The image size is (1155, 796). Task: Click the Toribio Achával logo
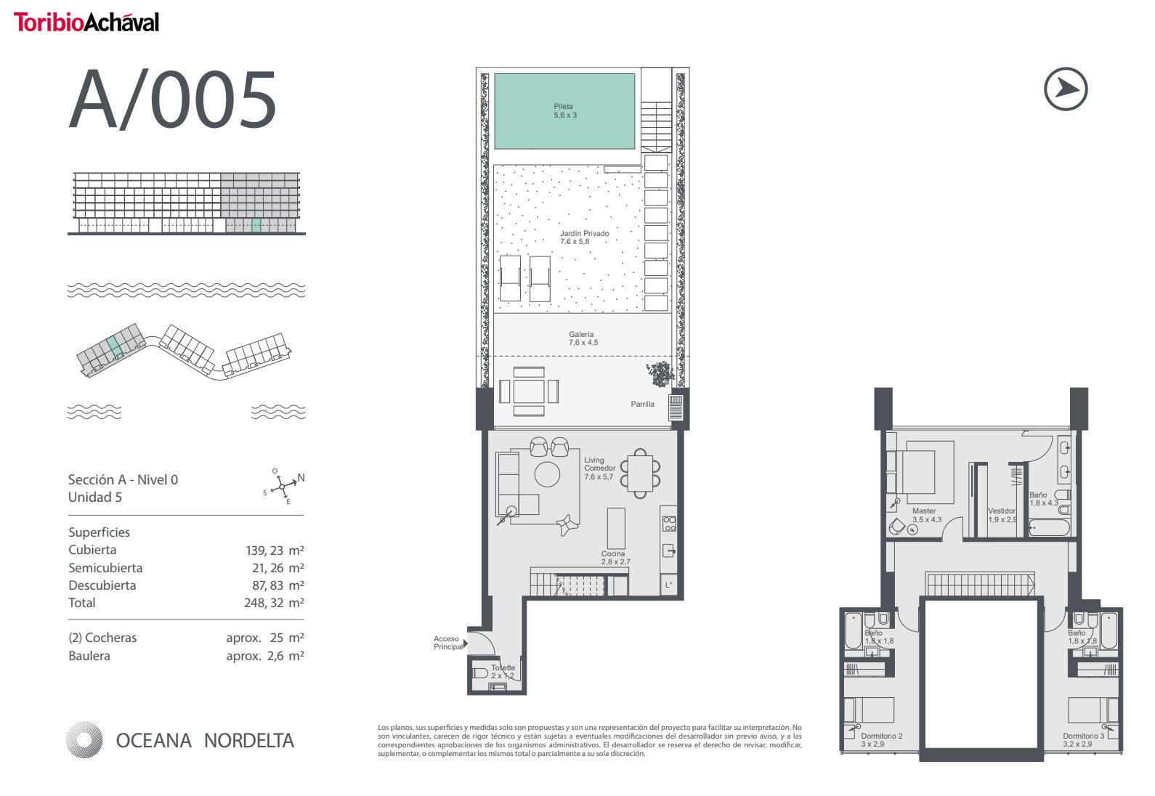[x=86, y=23]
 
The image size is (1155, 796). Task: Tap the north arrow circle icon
[x=1065, y=89]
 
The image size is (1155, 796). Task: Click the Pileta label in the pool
[x=564, y=111]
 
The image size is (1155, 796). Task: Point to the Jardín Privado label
[x=584, y=237]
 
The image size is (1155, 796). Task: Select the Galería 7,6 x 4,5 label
[x=583, y=338]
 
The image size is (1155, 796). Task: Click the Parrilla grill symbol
[x=676, y=407]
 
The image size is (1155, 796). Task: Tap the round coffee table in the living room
[x=547, y=474]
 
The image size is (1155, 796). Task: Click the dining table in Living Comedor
[x=640, y=474]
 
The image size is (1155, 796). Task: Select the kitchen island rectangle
[x=616, y=528]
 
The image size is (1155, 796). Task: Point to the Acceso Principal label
[x=447, y=642]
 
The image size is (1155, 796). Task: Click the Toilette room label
[x=503, y=672]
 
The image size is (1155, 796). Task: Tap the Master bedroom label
[x=927, y=515]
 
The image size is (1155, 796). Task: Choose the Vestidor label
[x=1002, y=515]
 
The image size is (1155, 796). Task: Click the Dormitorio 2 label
[x=881, y=740]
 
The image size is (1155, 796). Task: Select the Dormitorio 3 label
[x=1083, y=740]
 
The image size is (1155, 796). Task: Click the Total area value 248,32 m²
[x=274, y=603]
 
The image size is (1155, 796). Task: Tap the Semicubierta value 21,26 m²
[x=278, y=568]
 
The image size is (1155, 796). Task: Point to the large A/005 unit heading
[x=173, y=99]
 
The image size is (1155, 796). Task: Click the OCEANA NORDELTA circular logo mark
[x=84, y=740]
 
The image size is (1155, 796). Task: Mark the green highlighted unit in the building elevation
[x=256, y=225]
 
